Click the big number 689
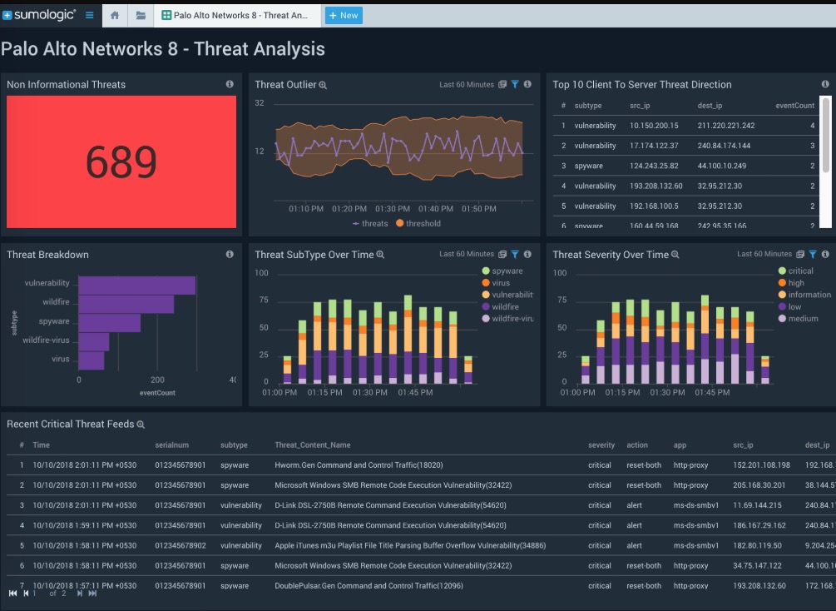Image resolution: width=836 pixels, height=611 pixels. [x=121, y=161]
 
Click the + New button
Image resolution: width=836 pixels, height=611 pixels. [x=343, y=15]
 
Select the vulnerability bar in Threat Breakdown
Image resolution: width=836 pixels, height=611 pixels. [x=136, y=285]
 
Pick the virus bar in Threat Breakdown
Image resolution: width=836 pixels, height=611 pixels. [x=91, y=360]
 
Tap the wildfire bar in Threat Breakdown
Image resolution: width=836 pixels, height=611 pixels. [x=126, y=304]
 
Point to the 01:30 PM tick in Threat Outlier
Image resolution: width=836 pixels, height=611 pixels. [x=392, y=209]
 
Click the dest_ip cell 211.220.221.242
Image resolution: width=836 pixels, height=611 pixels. [x=725, y=126]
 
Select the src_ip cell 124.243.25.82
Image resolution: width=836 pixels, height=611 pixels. [x=654, y=166]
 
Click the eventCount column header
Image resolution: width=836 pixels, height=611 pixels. [x=794, y=106]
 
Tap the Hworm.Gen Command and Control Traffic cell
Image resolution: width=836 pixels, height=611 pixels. [x=359, y=465]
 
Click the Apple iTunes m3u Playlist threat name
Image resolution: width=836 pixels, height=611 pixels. [x=410, y=545]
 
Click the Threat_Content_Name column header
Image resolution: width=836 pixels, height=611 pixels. [x=313, y=445]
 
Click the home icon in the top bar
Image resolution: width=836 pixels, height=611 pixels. [x=114, y=15]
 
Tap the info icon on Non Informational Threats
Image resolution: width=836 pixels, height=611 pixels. [x=230, y=84]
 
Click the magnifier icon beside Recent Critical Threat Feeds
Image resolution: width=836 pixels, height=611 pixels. [x=141, y=425]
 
